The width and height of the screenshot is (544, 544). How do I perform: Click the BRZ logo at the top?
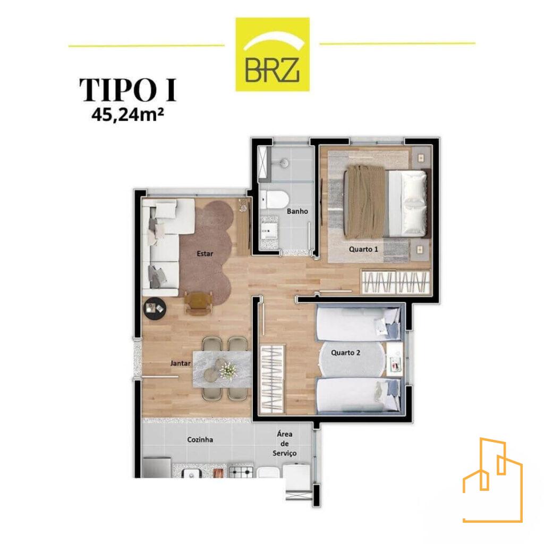tap(273, 55)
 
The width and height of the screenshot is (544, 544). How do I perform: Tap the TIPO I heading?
tap(128, 90)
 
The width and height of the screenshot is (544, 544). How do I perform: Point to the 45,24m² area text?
tap(127, 115)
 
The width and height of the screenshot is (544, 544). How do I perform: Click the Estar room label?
tap(205, 253)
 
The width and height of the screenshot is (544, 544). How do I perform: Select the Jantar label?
tap(181, 363)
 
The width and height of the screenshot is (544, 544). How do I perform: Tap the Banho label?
tap(297, 211)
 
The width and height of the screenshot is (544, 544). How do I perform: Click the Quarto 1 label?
tap(363, 249)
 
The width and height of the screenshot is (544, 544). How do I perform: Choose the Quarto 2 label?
tap(345, 353)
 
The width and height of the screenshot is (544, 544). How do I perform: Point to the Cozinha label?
tap(200, 439)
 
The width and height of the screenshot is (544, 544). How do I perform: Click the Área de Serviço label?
tap(285, 444)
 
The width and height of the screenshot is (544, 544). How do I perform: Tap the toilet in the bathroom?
tap(274, 200)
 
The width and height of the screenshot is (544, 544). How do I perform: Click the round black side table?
tap(155, 309)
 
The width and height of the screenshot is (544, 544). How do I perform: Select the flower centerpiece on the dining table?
tap(227, 370)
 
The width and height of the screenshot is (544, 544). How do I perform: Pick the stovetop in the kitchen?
tap(241, 472)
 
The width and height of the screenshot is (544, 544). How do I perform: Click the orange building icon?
tap(492, 480)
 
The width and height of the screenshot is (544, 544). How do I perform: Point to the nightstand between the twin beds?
tap(395, 360)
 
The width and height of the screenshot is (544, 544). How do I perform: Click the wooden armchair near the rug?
tap(199, 302)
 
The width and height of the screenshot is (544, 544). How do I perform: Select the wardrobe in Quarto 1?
tap(395, 281)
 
